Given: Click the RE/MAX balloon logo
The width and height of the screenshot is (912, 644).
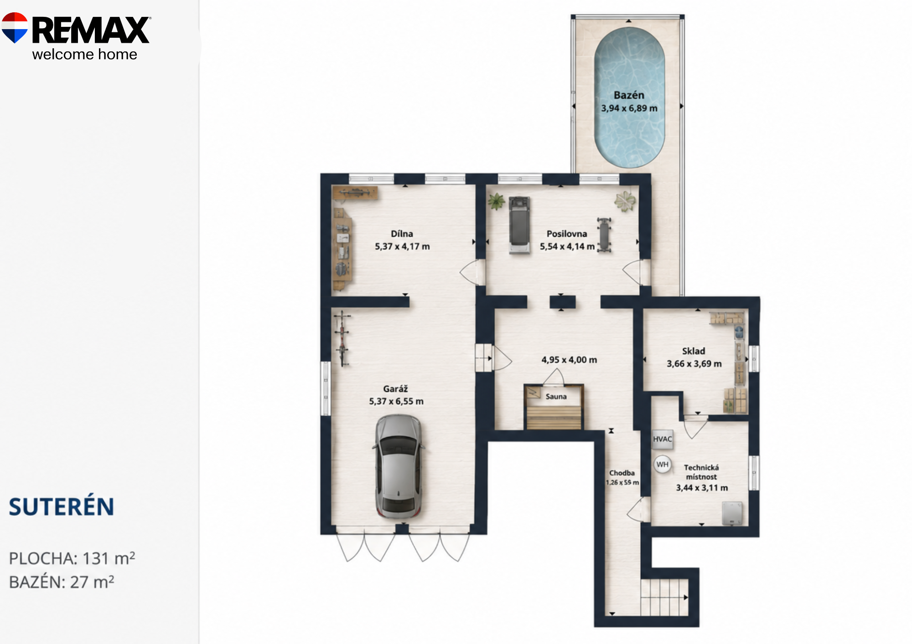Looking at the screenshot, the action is point(15,28).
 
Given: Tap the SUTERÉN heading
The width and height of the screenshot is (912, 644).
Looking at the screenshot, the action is point(61,507).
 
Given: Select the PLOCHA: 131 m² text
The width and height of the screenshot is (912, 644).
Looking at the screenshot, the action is point(72,558).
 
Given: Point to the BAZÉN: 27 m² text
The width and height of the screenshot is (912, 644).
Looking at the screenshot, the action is point(62,582).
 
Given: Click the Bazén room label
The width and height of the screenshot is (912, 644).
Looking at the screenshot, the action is point(629,95).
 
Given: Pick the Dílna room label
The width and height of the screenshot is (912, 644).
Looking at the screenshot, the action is point(402,234).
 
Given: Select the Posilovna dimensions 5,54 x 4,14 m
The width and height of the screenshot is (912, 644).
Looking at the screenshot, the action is point(567,247).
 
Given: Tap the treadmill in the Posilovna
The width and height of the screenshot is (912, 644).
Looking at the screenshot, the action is point(519,225).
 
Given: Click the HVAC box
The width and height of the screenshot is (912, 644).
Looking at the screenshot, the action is point(662,439).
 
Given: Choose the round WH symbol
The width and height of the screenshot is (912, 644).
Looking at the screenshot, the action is point(662,465).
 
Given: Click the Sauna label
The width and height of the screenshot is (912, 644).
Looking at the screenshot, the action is point(556,397).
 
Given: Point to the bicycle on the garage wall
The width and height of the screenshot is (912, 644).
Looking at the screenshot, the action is point(342,338).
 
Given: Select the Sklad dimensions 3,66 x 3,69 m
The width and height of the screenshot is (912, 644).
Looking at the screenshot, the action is point(694,364).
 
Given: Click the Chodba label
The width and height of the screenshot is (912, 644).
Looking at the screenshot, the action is point(622,473).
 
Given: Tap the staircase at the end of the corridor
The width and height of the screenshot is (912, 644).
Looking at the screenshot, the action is point(664,597).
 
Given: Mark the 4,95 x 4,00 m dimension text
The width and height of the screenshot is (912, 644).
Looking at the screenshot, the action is point(569,360).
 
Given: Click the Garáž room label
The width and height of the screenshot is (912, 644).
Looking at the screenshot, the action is point(395,389).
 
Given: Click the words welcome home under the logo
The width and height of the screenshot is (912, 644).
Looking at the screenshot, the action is point(84,54).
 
